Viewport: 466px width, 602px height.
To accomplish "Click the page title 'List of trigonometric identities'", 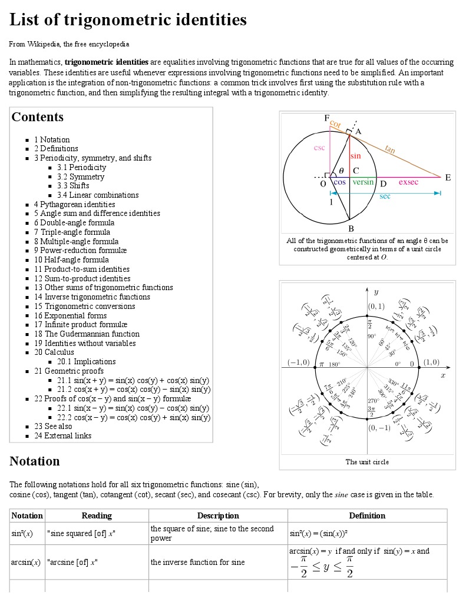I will [x=128, y=20].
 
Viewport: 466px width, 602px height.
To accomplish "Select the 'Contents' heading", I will [x=38, y=117].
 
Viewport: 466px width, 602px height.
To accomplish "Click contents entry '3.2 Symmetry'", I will [x=81, y=177].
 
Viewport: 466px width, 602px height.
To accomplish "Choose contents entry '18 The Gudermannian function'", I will [x=87, y=334].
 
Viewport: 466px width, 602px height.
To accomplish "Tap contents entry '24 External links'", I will [x=62, y=435].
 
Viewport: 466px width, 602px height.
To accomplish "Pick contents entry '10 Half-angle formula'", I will [x=71, y=260].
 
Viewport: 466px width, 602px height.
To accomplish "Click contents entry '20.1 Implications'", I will [x=87, y=361].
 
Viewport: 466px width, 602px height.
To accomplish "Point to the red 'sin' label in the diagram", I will [x=355, y=157].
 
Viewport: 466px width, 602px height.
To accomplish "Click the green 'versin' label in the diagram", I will [x=363, y=182].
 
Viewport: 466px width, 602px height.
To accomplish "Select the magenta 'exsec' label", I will [x=408, y=182].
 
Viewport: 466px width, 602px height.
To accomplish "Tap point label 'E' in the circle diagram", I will [x=448, y=177].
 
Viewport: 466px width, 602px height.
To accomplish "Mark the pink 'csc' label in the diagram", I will [x=319, y=148].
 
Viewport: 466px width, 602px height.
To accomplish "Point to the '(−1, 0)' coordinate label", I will [x=298, y=362].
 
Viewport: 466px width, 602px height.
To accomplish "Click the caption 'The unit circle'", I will [x=367, y=462].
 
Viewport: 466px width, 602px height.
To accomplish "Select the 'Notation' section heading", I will [x=35, y=461].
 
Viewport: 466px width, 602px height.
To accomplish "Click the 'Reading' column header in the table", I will [x=97, y=515].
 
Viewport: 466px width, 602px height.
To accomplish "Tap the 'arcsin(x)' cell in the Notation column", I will [x=26, y=562].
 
